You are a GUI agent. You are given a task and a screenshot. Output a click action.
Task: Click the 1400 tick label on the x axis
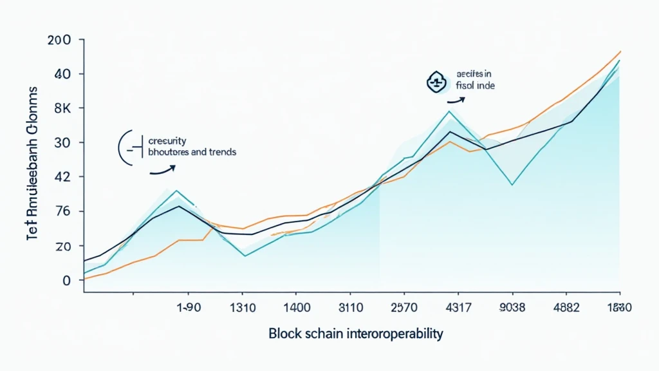click(x=297, y=308)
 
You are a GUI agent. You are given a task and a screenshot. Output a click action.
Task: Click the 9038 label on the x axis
click(x=512, y=308)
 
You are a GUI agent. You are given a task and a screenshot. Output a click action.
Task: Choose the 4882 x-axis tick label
click(x=566, y=308)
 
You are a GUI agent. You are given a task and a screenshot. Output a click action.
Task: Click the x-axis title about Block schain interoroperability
click(x=356, y=334)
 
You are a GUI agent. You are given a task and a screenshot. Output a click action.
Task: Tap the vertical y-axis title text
click(x=33, y=164)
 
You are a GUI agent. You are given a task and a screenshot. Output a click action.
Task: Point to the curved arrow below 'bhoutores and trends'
click(x=162, y=170)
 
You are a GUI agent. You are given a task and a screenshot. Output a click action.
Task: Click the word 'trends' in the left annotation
click(x=221, y=153)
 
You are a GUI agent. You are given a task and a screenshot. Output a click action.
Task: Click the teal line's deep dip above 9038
click(x=512, y=185)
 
